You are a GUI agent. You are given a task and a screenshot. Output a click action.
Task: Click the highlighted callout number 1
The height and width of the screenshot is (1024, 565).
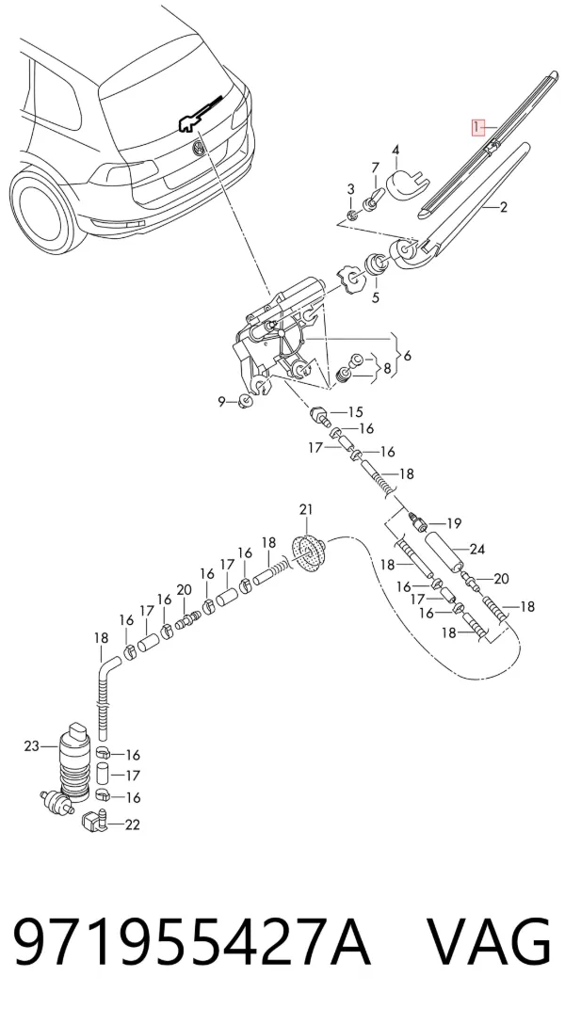pos(478,127)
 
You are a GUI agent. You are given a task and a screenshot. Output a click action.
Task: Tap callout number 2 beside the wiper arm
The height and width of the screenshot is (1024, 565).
pos(504,208)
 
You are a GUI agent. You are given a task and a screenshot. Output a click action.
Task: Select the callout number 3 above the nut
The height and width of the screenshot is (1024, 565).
pos(350,189)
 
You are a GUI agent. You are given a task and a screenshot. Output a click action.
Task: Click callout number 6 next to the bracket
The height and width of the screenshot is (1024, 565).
pos(408,357)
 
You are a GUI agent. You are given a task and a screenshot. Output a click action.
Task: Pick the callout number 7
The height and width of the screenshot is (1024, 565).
pos(375,167)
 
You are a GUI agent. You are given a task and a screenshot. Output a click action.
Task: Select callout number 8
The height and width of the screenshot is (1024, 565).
pos(387,369)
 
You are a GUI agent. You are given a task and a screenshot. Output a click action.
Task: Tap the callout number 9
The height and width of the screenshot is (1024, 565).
pos(221,402)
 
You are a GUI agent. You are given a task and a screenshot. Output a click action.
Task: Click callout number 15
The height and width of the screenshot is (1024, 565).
pos(355,412)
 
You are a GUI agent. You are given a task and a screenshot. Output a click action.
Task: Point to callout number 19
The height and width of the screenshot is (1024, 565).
pos(454,523)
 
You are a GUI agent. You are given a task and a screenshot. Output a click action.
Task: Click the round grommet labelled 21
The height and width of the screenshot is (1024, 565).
pos(307,553)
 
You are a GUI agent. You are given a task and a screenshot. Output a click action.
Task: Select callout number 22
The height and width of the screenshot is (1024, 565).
pos(132,824)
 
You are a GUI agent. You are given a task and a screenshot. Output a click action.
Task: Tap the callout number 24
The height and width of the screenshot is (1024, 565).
pos(477,550)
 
